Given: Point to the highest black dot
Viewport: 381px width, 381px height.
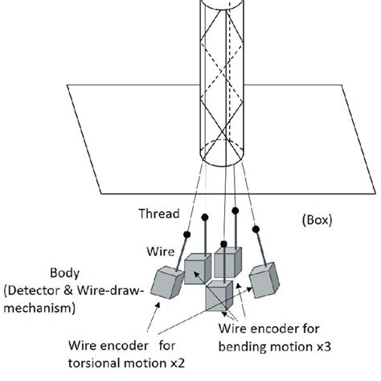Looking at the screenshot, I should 236,210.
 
